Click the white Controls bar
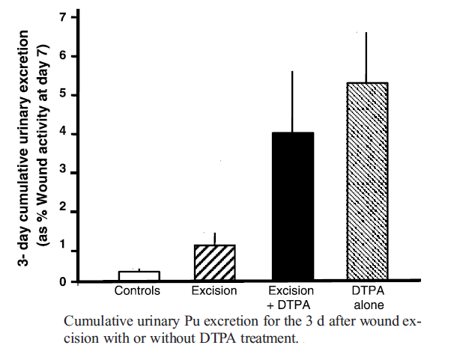(139, 275)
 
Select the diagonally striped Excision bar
(215, 263)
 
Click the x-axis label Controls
(138, 290)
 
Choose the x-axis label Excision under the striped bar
(215, 290)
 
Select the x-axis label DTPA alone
(367, 296)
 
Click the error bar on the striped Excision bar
(215, 239)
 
